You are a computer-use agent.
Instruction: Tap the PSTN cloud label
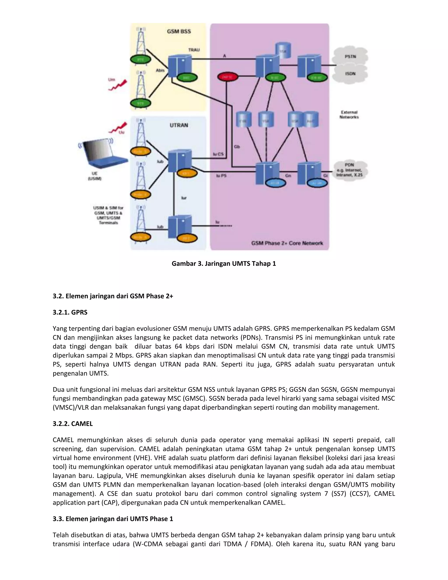pos(350,56)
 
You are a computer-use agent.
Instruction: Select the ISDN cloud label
pos(350,74)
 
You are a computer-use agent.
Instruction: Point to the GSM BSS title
pos(179,31)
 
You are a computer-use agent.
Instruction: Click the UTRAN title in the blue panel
pos(179,125)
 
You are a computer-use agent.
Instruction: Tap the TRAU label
pos(194,50)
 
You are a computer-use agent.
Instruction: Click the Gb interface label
pos(237,147)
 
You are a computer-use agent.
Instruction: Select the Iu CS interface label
pos(218,154)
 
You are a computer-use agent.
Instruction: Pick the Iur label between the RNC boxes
pos(184,198)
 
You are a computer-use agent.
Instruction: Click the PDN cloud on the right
pos(350,170)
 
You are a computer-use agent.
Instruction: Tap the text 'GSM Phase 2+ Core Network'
pos(287,243)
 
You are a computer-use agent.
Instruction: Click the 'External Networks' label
pos(349,114)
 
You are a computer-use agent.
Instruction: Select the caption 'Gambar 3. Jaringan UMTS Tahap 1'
pos(224,264)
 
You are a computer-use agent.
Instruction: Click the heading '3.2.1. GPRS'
pos(70,312)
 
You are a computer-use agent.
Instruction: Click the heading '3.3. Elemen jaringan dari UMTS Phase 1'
pos(113,519)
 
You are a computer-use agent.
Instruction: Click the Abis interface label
pos(160,70)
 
